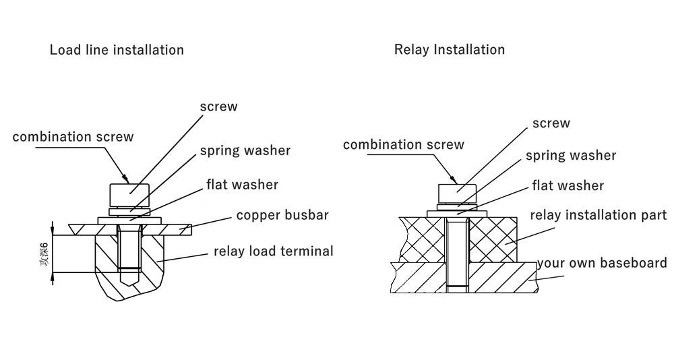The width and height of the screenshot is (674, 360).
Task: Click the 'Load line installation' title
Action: [x=117, y=50]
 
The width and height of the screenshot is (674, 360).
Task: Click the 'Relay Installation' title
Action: [x=449, y=50]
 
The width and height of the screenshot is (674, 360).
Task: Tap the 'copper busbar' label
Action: [x=282, y=216]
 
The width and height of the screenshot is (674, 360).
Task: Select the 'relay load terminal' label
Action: [x=274, y=251]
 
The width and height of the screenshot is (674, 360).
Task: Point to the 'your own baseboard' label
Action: [x=601, y=263]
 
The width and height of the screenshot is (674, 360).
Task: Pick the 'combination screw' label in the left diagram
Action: [x=73, y=137]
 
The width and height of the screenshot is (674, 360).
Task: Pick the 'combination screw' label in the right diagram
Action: [x=404, y=144]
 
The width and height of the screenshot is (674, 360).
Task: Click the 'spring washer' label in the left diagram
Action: [x=245, y=150]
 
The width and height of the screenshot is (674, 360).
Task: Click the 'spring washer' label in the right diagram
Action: [x=571, y=156]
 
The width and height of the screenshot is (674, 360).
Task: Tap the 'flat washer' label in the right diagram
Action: [x=568, y=185]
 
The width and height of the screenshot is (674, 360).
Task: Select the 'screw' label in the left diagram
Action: [x=218, y=107]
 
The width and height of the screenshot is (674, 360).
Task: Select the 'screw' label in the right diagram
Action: [x=551, y=123]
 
